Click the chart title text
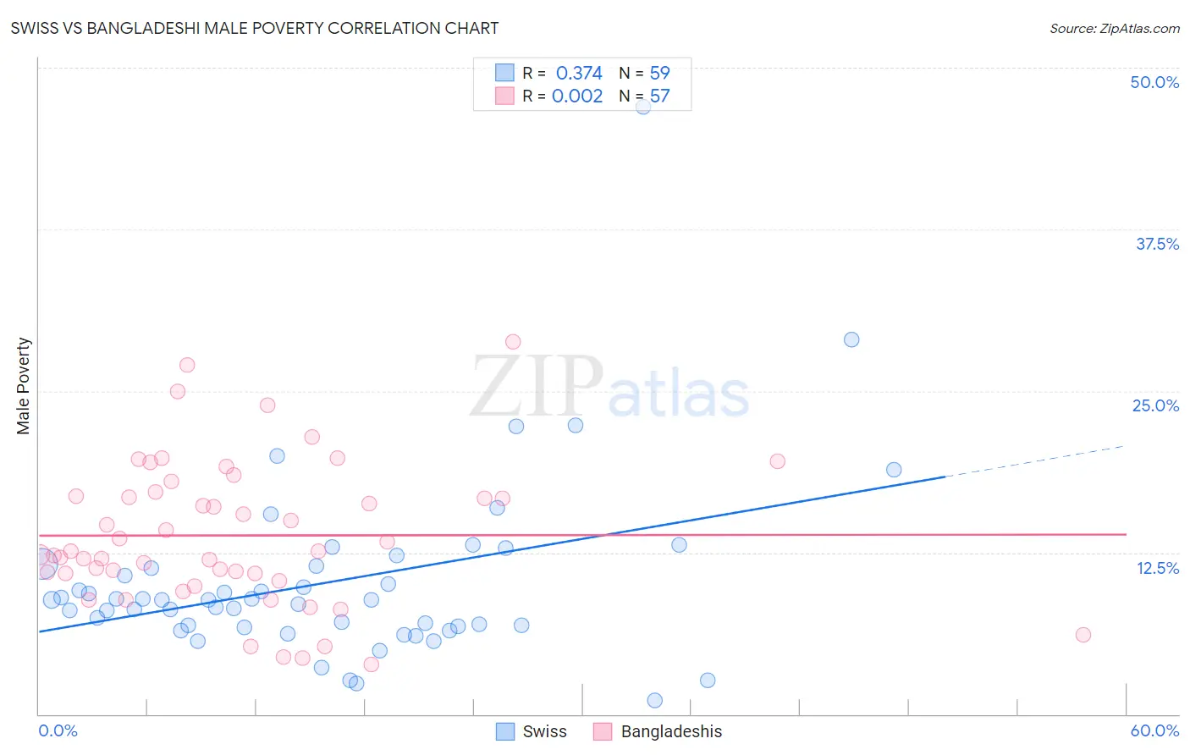(x=255, y=28)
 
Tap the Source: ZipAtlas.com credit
(x=1114, y=28)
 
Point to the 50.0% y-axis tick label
(x=1154, y=82)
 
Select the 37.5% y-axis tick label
(x=1157, y=244)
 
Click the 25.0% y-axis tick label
(x=1155, y=405)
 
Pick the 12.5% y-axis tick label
(x=1157, y=568)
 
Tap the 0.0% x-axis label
(x=58, y=730)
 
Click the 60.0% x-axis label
(x=1154, y=730)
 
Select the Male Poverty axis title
(x=24, y=386)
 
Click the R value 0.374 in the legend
(x=579, y=74)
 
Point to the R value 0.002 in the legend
(x=577, y=96)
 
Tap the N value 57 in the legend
(x=659, y=96)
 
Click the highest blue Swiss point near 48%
(x=643, y=107)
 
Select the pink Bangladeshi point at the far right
(x=1083, y=635)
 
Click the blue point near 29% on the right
(x=851, y=339)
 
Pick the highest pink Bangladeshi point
(x=513, y=342)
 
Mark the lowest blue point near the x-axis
(x=654, y=700)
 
